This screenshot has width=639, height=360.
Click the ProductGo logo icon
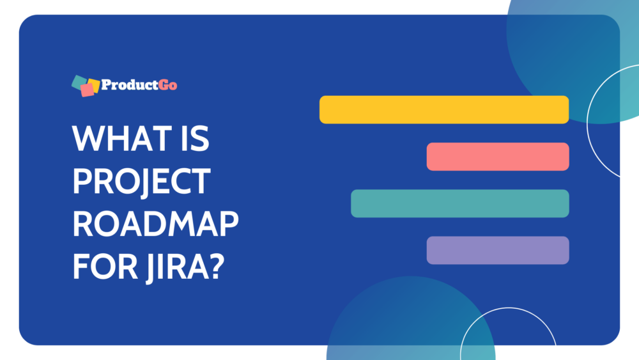pyautogui.click(x=86, y=86)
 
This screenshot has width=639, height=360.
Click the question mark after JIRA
pyautogui.click(x=217, y=265)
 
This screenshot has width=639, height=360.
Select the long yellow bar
pyautogui.click(x=444, y=109)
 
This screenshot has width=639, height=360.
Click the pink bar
pyautogui.click(x=498, y=157)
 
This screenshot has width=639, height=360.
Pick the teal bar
pyautogui.click(x=460, y=203)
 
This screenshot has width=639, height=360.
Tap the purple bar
pyautogui.click(x=498, y=250)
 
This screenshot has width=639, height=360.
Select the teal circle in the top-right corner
pyautogui.click(x=562, y=51)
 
